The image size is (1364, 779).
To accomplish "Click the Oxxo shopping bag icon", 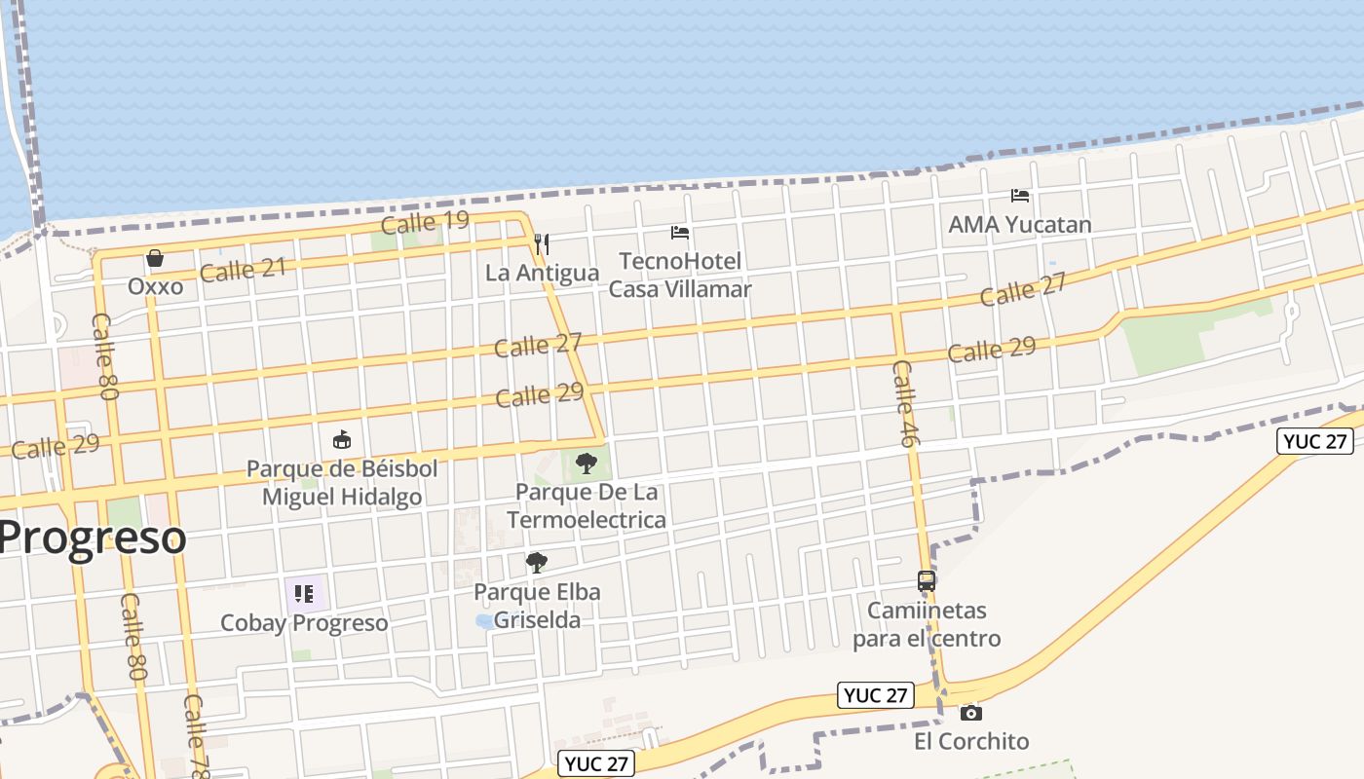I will pyautogui.click(x=154, y=258).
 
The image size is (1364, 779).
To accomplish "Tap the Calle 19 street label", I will pyautogui.click(x=425, y=222).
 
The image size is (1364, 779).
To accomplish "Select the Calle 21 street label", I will pyautogui.click(x=243, y=269).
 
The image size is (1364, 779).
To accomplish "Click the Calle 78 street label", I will pyautogui.click(x=197, y=737).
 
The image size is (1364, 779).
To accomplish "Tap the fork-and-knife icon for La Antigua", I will pyautogui.click(x=542, y=243).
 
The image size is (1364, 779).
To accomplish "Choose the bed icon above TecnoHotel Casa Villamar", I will pyautogui.click(x=680, y=233).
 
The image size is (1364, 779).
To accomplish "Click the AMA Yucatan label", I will pyautogui.click(x=1020, y=224).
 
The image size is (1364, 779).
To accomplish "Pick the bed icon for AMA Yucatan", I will pyautogui.click(x=1020, y=196).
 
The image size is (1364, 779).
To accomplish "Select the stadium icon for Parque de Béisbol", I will pyautogui.click(x=342, y=440).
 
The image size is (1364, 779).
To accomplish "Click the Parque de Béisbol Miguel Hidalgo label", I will pyautogui.click(x=342, y=483).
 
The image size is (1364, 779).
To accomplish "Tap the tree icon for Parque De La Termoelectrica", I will pyautogui.click(x=587, y=463).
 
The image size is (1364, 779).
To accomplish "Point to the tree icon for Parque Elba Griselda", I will pyautogui.click(x=536, y=562).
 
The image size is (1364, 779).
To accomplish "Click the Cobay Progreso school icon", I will pyautogui.click(x=304, y=593).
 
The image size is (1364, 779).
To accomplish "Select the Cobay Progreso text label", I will pyautogui.click(x=304, y=623).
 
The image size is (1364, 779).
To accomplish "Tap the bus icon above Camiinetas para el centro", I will pyautogui.click(x=927, y=581).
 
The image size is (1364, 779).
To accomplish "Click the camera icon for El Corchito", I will pyautogui.click(x=970, y=713).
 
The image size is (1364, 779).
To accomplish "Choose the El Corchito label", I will pyautogui.click(x=970, y=741).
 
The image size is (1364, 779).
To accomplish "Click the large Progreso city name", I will pyautogui.click(x=94, y=538).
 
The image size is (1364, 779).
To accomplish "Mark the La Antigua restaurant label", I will pyautogui.click(x=542, y=273).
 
